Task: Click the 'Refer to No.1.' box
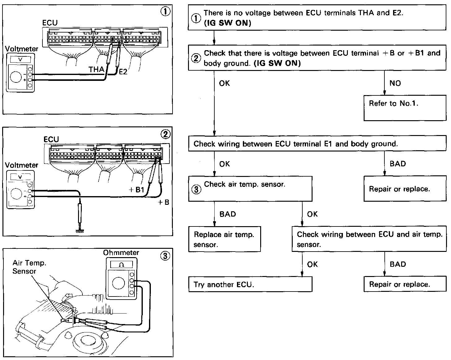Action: tap(405, 108)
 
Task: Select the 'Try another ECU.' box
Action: tap(250, 284)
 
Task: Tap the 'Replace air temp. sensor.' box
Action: tap(224, 239)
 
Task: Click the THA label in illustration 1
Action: tap(96, 70)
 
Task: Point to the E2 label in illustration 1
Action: tap(123, 72)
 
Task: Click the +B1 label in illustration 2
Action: tap(137, 190)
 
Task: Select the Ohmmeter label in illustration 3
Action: tap(121, 253)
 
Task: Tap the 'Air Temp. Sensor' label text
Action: tap(29, 267)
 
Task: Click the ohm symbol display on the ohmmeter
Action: tap(121, 265)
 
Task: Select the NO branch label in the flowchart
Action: tap(395, 83)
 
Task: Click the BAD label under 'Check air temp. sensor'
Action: tap(227, 214)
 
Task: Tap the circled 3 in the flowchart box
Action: tap(196, 189)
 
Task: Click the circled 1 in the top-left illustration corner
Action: tap(165, 12)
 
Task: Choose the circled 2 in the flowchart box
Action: tap(196, 58)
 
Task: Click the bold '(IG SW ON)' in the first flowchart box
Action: tap(227, 23)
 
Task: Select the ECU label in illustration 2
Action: tap(51, 139)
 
